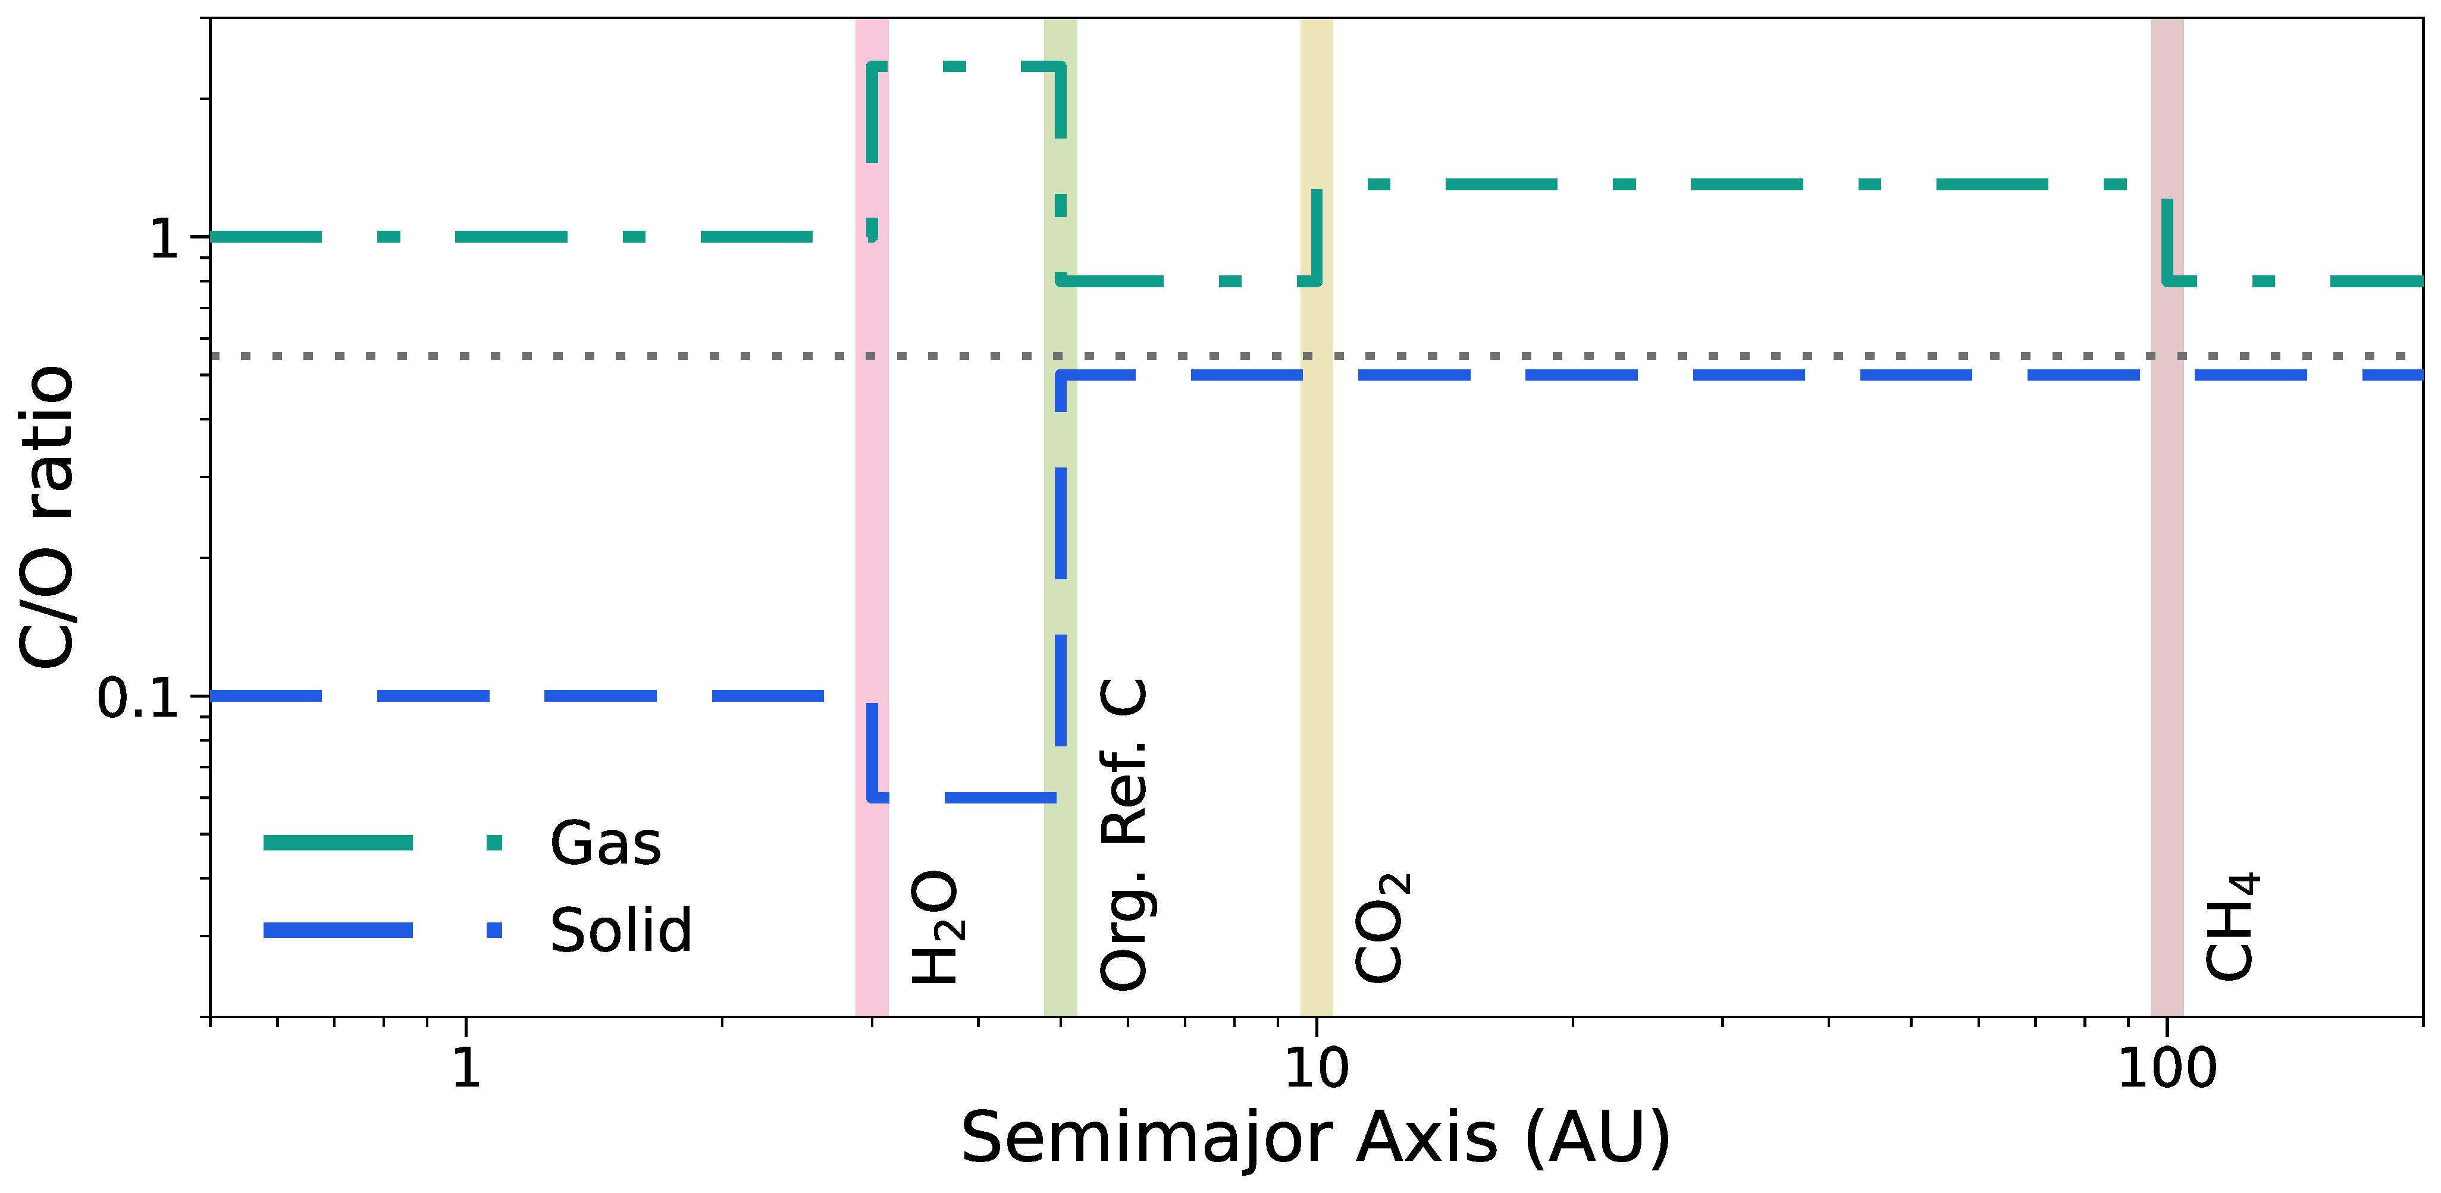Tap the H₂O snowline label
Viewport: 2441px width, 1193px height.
(935, 927)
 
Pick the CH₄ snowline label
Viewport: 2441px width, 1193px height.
(2232, 927)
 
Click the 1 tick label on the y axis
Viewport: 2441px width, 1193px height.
(165, 238)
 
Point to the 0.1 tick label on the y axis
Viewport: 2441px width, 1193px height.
(139, 698)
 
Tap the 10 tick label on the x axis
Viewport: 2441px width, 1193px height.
(1316, 1068)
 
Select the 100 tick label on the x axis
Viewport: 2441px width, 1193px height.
(2167, 1068)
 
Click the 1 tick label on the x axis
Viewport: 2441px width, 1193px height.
(465, 1068)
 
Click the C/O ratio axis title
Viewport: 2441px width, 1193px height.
(48, 516)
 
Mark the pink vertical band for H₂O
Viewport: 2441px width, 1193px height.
(872, 474)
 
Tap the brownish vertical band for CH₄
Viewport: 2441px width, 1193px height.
(2167, 569)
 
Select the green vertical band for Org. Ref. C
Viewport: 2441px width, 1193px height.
(1060, 142)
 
